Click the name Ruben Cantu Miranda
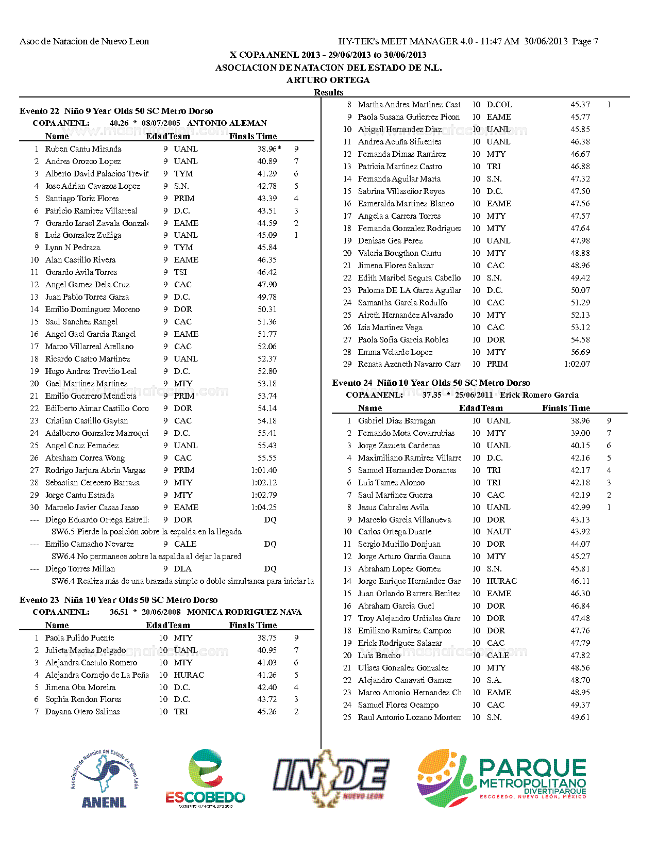83,149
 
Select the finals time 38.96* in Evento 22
269,149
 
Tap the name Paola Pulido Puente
79,638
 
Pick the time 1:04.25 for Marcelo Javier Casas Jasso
264,508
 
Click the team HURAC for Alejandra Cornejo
189,675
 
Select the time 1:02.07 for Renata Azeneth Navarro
577,364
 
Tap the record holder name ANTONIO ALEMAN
227,123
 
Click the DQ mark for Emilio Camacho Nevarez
270,544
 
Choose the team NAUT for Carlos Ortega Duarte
498,532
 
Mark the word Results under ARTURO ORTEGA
328,92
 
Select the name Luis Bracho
379,656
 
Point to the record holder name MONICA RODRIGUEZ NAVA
244,612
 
